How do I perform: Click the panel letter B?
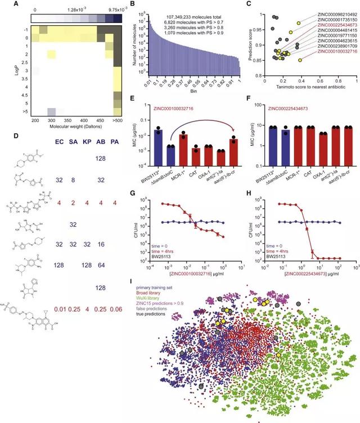point(133,5)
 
